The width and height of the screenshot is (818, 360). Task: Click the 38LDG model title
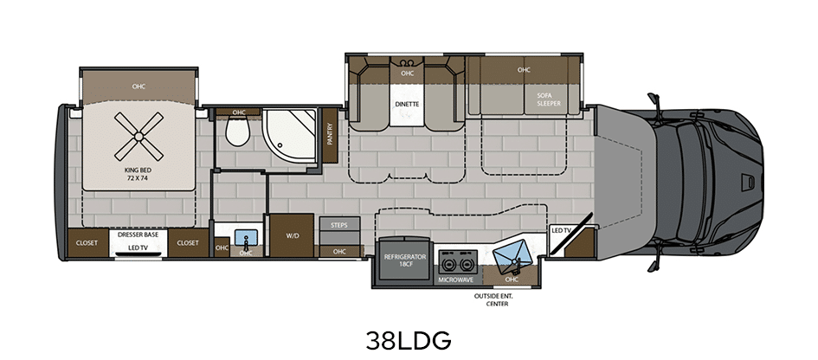[x=408, y=340]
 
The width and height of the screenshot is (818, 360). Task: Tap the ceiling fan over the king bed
[x=138, y=137]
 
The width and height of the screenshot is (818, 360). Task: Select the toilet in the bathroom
[x=237, y=132]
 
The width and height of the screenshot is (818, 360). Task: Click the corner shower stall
[x=290, y=138]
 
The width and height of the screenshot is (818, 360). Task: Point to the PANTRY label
[x=329, y=135]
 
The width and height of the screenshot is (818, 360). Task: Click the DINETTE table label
[x=407, y=104]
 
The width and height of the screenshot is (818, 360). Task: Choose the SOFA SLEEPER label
[x=549, y=100]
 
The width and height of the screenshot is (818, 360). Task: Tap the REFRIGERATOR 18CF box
[x=405, y=260]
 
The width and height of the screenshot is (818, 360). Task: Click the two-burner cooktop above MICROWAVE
[x=458, y=261]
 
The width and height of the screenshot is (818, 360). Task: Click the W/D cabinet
[x=292, y=235]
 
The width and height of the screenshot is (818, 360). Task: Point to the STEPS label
[x=339, y=225]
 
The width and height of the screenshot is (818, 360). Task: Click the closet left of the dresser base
[x=87, y=242]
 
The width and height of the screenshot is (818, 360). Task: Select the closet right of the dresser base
[x=188, y=242]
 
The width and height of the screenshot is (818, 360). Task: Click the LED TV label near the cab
[x=561, y=230]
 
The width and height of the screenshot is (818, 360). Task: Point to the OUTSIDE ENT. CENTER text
[x=493, y=299]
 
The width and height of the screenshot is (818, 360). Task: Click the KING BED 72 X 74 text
[x=138, y=174]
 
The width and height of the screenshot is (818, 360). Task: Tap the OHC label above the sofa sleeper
[x=524, y=70]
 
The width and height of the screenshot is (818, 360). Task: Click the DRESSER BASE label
[x=138, y=235]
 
